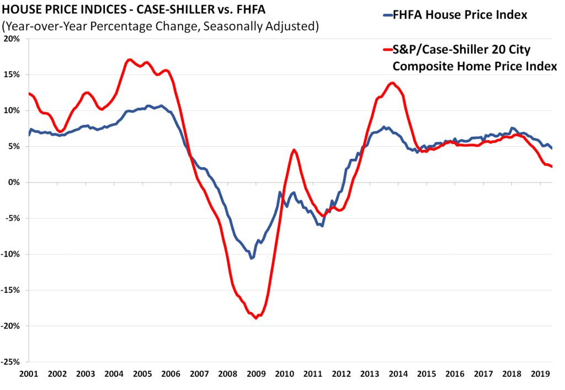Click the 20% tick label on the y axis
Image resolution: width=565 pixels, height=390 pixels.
pyautogui.click(x=12, y=39)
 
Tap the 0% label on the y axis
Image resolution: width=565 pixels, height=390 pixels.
pyautogui.click(x=14, y=183)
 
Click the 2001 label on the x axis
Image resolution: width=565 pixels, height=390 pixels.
pyautogui.click(x=29, y=374)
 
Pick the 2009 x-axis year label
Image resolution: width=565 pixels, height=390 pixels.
pyautogui.click(x=255, y=374)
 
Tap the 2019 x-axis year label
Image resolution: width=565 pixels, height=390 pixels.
pyautogui.click(x=539, y=374)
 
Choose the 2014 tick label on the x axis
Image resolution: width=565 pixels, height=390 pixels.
pyautogui.click(x=397, y=374)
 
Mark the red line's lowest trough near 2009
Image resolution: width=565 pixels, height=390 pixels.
pyautogui.click(x=256, y=318)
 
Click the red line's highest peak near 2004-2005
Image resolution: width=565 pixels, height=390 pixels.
pyautogui.click(x=130, y=60)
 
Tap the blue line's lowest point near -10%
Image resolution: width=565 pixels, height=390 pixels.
pyautogui.click(x=252, y=258)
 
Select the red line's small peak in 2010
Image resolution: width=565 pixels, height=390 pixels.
pyautogui.click(x=294, y=150)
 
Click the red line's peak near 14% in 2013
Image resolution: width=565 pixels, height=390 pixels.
pyautogui.click(x=392, y=83)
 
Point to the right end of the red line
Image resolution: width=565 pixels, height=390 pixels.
pyautogui.click(x=552, y=167)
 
